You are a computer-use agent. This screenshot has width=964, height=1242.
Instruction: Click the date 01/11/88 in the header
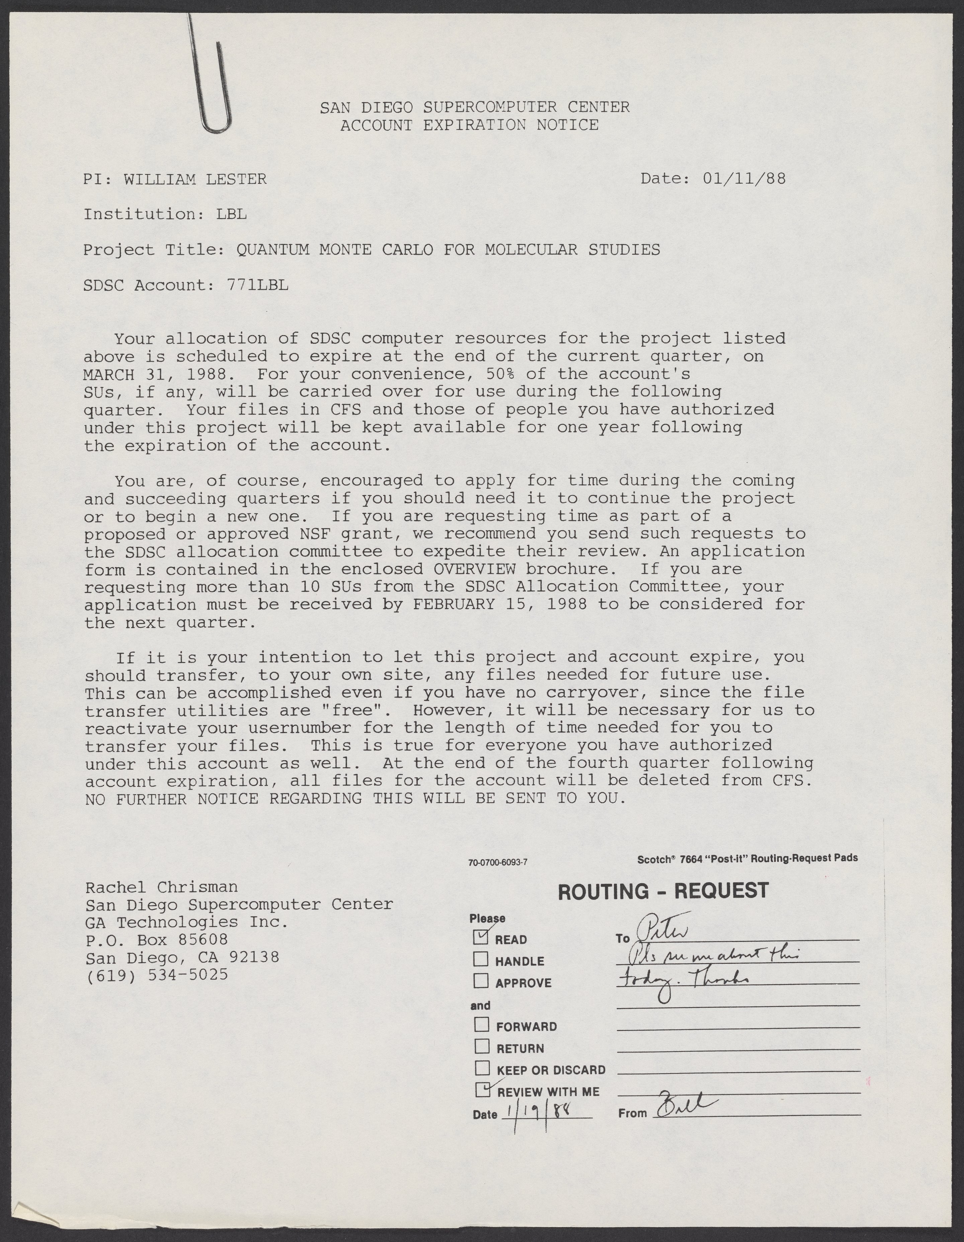tap(744, 179)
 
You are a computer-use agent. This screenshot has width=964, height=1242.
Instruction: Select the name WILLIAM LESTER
tap(195, 180)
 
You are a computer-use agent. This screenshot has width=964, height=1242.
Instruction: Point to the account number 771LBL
tap(258, 285)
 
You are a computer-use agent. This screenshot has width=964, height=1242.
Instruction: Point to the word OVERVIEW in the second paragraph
tap(474, 569)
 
